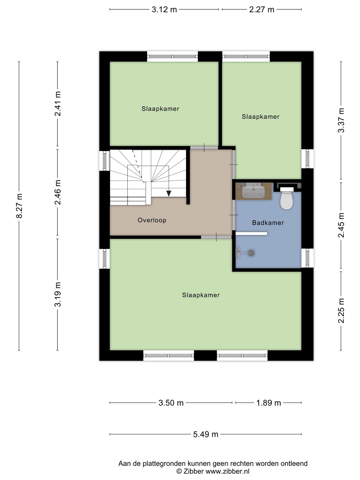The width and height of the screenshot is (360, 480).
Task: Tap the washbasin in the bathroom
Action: point(254,191)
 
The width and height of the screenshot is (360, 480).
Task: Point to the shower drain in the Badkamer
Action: point(251,253)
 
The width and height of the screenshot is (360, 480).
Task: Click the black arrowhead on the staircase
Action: point(169,194)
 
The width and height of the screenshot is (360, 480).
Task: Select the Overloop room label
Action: point(152,220)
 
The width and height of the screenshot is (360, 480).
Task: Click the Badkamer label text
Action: point(268,223)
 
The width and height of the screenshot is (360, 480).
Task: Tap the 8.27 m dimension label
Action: point(19,206)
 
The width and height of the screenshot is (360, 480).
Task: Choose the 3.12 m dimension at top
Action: point(164,10)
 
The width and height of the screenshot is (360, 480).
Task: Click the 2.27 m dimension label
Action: point(262,10)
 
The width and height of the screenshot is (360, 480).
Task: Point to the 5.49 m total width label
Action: point(206,434)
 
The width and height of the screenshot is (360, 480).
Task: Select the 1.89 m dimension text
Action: point(268,403)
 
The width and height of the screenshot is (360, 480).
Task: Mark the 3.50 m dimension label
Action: point(171,403)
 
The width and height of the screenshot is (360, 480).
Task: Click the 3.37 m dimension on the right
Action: point(341,120)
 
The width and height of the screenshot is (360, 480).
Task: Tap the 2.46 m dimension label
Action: point(58,192)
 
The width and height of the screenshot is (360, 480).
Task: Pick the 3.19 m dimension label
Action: point(58,294)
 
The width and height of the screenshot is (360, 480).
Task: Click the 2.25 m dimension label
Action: point(341,311)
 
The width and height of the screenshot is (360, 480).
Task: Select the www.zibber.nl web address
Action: point(228,471)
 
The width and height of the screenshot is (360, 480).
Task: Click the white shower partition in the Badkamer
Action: point(251,234)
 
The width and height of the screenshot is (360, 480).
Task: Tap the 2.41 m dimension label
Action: point(58,103)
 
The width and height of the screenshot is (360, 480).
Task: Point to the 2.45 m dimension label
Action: point(341,225)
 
